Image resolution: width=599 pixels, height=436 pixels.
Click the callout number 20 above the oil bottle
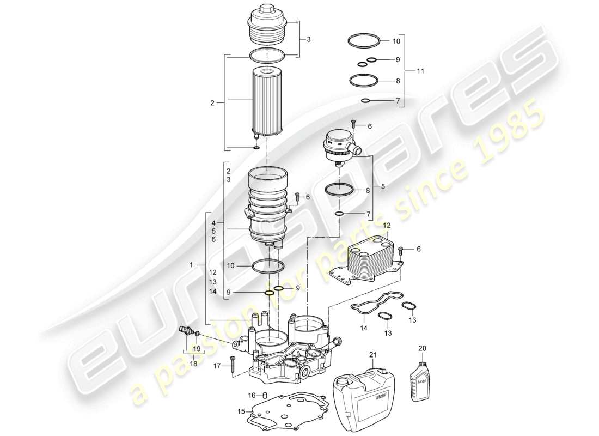point(423,349)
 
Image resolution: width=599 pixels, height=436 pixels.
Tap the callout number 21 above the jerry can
point(373,355)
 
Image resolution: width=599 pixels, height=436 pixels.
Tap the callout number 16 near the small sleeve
point(252,395)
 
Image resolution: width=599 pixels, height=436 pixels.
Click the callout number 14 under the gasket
point(363,328)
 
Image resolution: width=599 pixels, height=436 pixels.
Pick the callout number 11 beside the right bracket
point(420,71)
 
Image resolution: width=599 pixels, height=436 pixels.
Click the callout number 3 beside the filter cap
point(309,39)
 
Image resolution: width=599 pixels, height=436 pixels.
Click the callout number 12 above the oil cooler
point(387,226)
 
